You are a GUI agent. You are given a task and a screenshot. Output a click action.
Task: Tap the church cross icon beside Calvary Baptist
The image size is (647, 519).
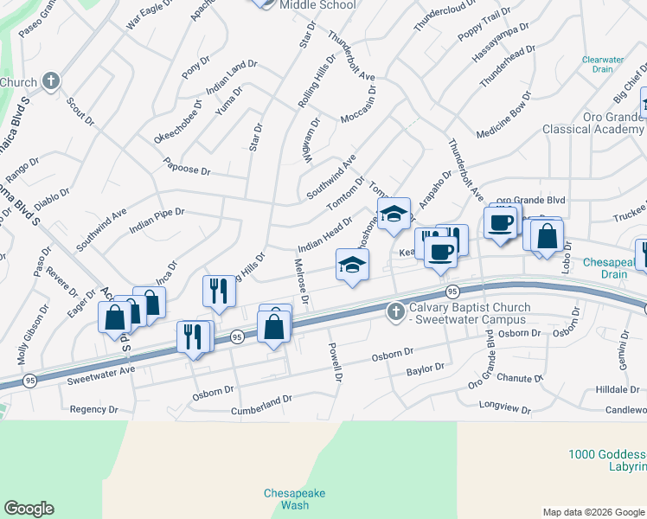(x=396, y=310)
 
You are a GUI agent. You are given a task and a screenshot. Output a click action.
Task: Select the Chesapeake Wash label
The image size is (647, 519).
(x=295, y=498)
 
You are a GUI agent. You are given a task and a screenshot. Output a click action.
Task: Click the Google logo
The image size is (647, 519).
(x=29, y=509)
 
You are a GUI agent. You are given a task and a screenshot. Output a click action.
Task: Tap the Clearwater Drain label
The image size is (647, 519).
(x=603, y=65)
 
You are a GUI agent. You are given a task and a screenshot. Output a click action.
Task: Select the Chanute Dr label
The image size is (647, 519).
(x=519, y=378)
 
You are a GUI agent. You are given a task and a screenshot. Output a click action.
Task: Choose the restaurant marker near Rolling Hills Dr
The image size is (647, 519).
(x=219, y=291)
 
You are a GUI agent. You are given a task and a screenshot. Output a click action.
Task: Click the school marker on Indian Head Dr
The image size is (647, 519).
(x=352, y=264)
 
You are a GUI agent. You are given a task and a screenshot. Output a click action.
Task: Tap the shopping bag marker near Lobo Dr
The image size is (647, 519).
(x=547, y=235)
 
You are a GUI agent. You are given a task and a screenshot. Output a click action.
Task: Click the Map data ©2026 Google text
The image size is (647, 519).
(x=593, y=511)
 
